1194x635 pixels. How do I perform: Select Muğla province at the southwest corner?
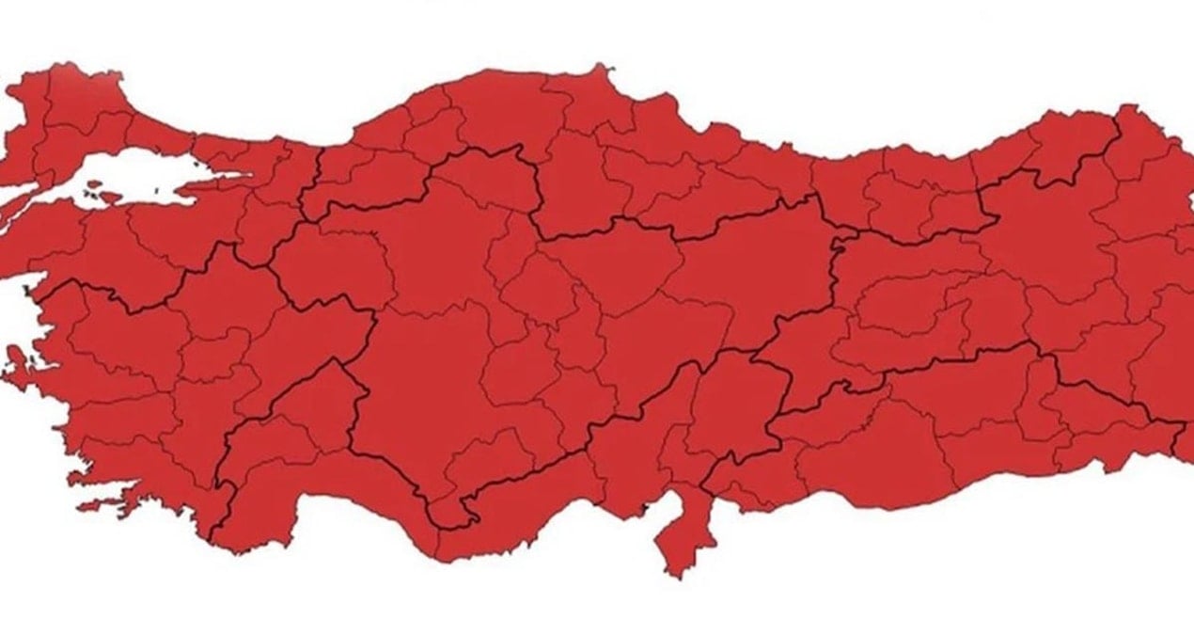point(141,461)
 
